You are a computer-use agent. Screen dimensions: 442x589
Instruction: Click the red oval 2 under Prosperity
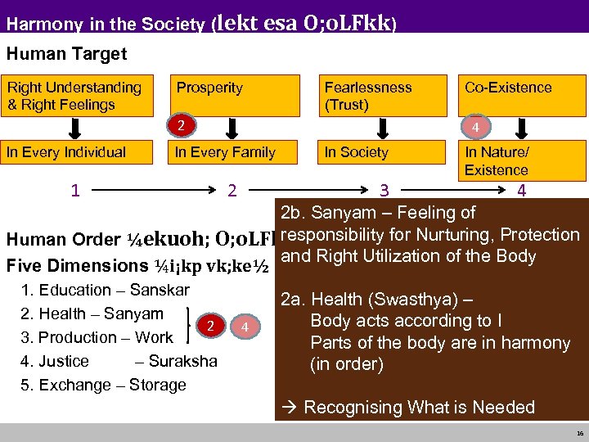(x=187, y=125)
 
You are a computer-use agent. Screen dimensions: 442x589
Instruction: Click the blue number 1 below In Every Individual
(x=75, y=191)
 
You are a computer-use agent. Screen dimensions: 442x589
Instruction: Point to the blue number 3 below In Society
(x=384, y=191)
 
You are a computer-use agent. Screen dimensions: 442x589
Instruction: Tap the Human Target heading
(x=67, y=55)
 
